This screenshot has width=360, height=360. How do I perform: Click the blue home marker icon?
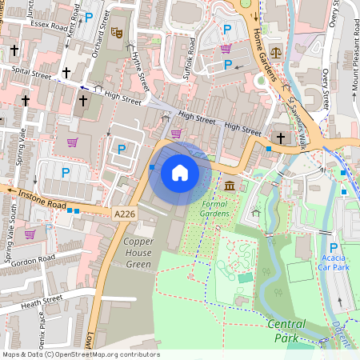(180, 173)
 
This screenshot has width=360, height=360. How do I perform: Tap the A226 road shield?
(124, 214)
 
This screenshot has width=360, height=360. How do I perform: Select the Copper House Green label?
(127, 252)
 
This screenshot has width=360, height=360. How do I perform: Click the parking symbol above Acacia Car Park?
(334, 249)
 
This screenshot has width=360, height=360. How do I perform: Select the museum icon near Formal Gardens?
(230, 186)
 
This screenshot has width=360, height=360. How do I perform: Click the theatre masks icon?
(117, 33)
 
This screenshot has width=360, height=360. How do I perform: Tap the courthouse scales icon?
(277, 50)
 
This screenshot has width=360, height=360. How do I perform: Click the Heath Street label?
(42, 302)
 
